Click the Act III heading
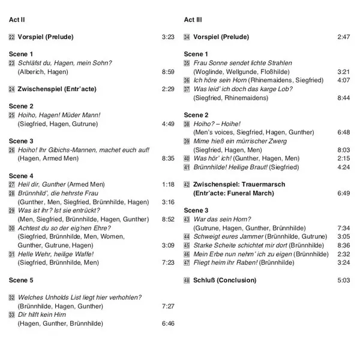click(193, 20)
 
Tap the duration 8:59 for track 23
click(168, 72)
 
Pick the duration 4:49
click(168, 124)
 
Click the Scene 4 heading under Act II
click(22, 176)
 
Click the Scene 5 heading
click(22, 280)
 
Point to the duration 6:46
click(168, 323)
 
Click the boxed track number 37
click(187, 89)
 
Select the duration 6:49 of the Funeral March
click(343, 194)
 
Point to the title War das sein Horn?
click(222, 220)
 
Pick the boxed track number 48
click(187, 280)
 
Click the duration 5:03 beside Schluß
click(343, 280)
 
